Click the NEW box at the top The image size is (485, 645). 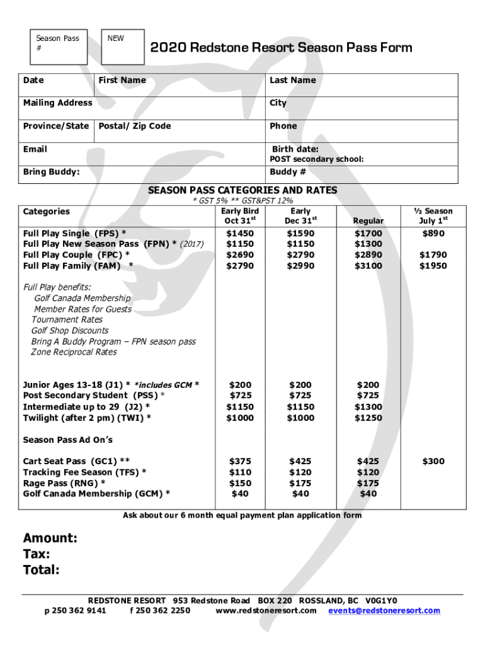123,47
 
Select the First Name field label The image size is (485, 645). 122,80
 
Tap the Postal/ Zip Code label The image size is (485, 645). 135,126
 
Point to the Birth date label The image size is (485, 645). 295,149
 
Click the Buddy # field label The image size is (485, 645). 288,172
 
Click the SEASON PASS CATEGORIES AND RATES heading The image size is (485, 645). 243,190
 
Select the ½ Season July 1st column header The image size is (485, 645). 433,215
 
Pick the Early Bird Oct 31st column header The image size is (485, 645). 240,215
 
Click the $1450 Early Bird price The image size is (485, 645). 240,234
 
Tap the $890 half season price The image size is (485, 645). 433,234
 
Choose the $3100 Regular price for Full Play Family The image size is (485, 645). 368,266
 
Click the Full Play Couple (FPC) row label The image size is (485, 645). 77,255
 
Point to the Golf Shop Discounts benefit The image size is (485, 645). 70,331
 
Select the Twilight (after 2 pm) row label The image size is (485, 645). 87,418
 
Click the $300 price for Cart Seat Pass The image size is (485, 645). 433,462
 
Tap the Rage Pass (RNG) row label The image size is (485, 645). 64,483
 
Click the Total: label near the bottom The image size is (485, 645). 42,571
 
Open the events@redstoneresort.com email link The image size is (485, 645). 384,611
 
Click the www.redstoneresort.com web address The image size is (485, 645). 266,611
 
